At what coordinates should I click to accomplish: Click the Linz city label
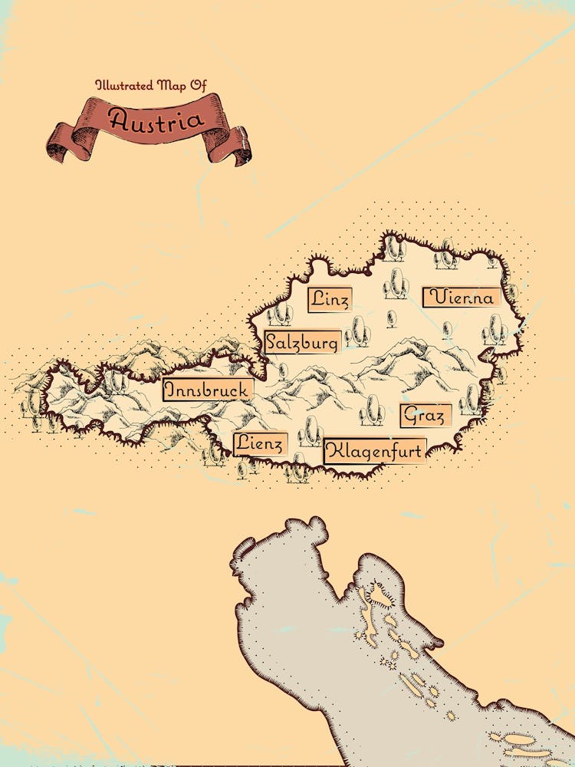tap(330, 299)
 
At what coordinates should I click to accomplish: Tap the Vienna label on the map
tap(462, 298)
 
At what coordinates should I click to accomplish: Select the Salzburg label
tap(301, 341)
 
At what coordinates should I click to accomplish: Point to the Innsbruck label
tap(207, 390)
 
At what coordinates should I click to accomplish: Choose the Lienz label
tap(260, 443)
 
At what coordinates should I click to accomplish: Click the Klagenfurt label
tap(374, 451)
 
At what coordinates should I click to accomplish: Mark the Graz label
tap(425, 416)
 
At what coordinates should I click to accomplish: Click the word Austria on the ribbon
tap(156, 120)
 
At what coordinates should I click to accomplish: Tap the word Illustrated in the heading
tap(123, 84)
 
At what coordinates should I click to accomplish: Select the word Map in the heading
tap(171, 84)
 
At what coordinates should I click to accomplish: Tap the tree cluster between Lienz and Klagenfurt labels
tap(310, 433)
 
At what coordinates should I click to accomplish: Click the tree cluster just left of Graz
tap(372, 410)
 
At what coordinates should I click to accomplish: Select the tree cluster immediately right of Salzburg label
tap(357, 332)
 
